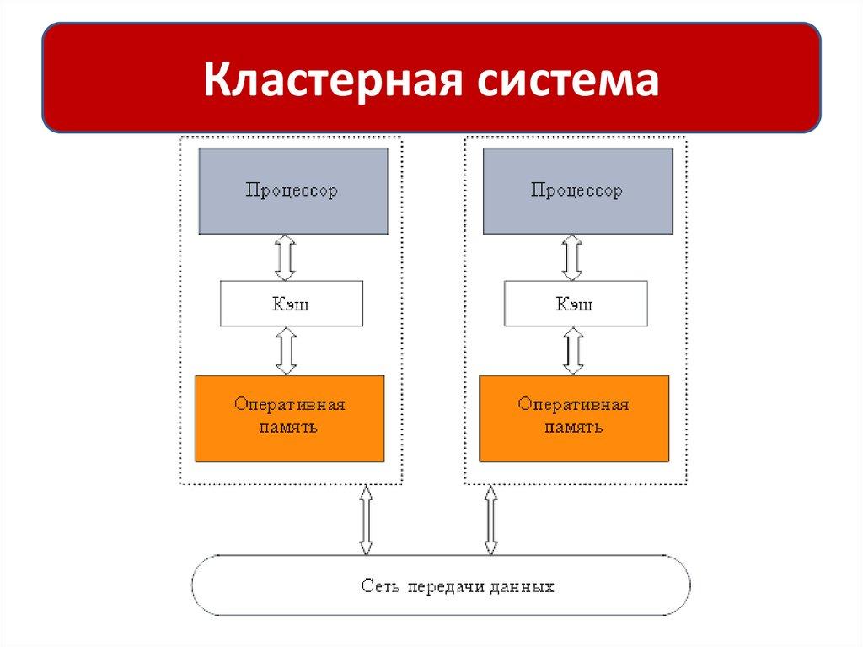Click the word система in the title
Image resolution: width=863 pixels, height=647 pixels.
click(x=567, y=80)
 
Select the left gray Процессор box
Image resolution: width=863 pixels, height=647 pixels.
click(x=292, y=191)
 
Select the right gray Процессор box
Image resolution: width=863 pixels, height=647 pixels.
click(x=578, y=191)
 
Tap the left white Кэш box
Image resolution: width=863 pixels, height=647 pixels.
click(x=292, y=304)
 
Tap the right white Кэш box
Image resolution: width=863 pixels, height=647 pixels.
click(x=576, y=304)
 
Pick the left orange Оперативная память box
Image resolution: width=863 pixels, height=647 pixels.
click(x=290, y=419)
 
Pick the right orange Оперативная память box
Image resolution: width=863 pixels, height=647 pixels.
click(x=574, y=419)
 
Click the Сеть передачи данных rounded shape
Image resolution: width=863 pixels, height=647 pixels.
click(x=441, y=585)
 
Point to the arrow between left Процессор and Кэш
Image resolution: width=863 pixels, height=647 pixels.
click(x=285, y=258)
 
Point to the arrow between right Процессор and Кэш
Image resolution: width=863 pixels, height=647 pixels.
click(x=572, y=258)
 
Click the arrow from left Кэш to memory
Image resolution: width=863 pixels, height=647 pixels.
click(x=287, y=351)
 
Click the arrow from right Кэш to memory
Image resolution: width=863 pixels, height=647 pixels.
click(x=573, y=351)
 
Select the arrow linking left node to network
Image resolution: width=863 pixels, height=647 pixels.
click(x=366, y=520)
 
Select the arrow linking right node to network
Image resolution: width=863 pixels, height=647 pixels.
click(x=491, y=520)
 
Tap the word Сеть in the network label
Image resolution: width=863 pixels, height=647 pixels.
click(x=377, y=585)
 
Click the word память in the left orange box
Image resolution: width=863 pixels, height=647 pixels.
click(x=288, y=427)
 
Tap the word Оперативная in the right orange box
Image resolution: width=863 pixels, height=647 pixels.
click(x=573, y=404)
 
